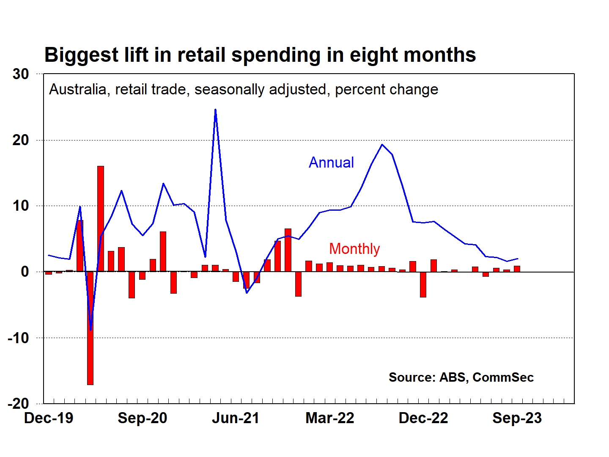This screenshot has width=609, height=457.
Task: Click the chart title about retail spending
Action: [x=260, y=55]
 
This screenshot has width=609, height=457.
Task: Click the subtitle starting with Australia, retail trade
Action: [x=244, y=90]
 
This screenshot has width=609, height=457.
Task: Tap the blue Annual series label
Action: [x=331, y=162]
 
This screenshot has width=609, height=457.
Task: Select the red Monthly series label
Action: [x=354, y=249]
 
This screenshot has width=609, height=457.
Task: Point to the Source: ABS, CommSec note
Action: [x=461, y=377]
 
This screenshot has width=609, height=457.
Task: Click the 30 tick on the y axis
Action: [x=21, y=74]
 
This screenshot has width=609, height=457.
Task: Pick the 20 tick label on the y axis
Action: [x=21, y=140]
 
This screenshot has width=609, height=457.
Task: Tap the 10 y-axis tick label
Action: [x=21, y=206]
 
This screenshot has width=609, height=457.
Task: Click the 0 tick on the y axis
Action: [x=25, y=272]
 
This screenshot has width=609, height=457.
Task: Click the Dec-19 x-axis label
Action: [x=49, y=418]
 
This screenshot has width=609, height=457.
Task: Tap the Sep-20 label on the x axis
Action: [x=143, y=418]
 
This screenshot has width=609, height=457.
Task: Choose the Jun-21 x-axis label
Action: [x=236, y=418]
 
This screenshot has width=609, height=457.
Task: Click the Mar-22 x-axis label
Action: [x=330, y=418]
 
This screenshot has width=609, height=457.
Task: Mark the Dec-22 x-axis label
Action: [x=423, y=418]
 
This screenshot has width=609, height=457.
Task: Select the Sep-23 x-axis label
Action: [x=517, y=418]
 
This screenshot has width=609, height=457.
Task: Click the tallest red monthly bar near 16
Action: [x=101, y=218]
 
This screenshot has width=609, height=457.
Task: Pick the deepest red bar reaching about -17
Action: [x=90, y=328]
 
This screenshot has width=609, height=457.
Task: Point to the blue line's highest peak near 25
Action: [x=215, y=110]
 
